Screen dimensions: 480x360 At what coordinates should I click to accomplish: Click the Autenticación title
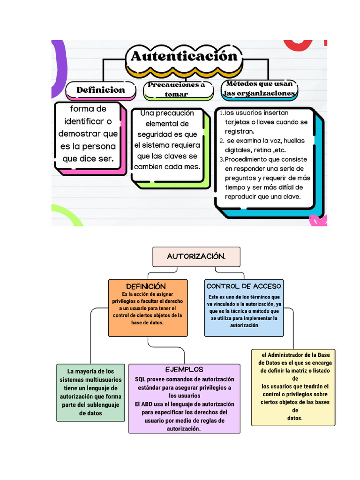tap(184, 57)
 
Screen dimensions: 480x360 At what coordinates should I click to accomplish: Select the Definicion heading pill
tap(100, 90)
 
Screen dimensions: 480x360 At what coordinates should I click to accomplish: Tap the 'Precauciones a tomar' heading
tap(176, 90)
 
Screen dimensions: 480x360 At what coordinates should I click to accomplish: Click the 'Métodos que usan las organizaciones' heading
tap(259, 89)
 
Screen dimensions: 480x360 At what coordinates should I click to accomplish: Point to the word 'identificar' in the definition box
tap(82, 121)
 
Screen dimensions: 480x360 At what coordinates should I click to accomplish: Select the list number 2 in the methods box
tap(221, 141)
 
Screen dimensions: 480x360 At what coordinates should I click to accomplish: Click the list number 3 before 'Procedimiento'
tap(221, 159)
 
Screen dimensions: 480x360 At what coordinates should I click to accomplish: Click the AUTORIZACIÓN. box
tap(196, 256)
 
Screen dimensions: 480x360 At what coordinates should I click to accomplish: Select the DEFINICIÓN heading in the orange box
tap(146, 286)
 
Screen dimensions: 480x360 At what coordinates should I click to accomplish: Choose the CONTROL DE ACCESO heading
tap(244, 286)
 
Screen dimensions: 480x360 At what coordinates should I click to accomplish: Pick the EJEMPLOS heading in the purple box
tap(184, 369)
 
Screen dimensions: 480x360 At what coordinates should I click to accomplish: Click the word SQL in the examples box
tap(140, 379)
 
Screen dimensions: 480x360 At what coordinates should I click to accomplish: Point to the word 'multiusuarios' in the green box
tap(100, 380)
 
